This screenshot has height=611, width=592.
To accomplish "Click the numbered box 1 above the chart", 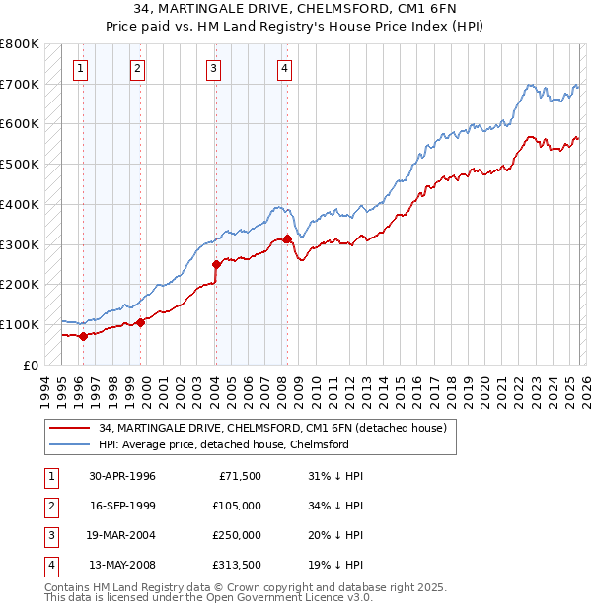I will (x=80, y=68).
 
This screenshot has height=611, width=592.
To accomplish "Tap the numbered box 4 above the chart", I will (x=284, y=68).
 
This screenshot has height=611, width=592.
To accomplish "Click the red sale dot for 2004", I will (x=216, y=263).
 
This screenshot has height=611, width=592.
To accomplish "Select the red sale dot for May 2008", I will (x=287, y=238).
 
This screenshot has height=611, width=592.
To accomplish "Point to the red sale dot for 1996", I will (x=83, y=336).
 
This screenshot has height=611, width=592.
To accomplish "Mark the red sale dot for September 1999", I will (x=140, y=322).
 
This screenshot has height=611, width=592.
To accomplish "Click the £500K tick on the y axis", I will (x=20, y=164).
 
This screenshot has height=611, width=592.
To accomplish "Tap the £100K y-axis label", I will (x=20, y=324).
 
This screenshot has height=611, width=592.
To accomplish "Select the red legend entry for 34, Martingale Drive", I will (x=273, y=428).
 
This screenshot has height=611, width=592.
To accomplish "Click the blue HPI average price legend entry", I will (x=224, y=444).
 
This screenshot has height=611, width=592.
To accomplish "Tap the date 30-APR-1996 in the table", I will (x=122, y=476).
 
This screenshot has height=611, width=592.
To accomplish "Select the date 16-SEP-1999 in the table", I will (x=122, y=506).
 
